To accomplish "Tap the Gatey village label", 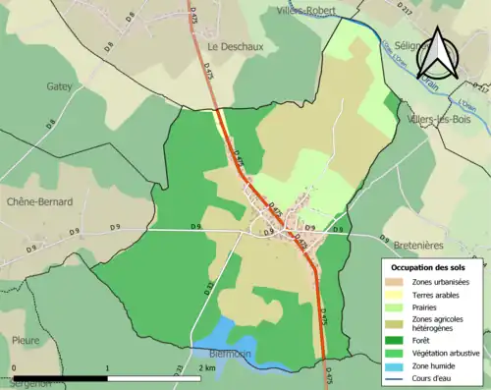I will click(59, 86).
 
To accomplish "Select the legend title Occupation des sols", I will click(429, 267).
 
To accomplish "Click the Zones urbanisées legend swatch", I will click(399, 282).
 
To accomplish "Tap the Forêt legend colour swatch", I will click(399, 337).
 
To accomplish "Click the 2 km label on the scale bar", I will click(206, 366).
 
